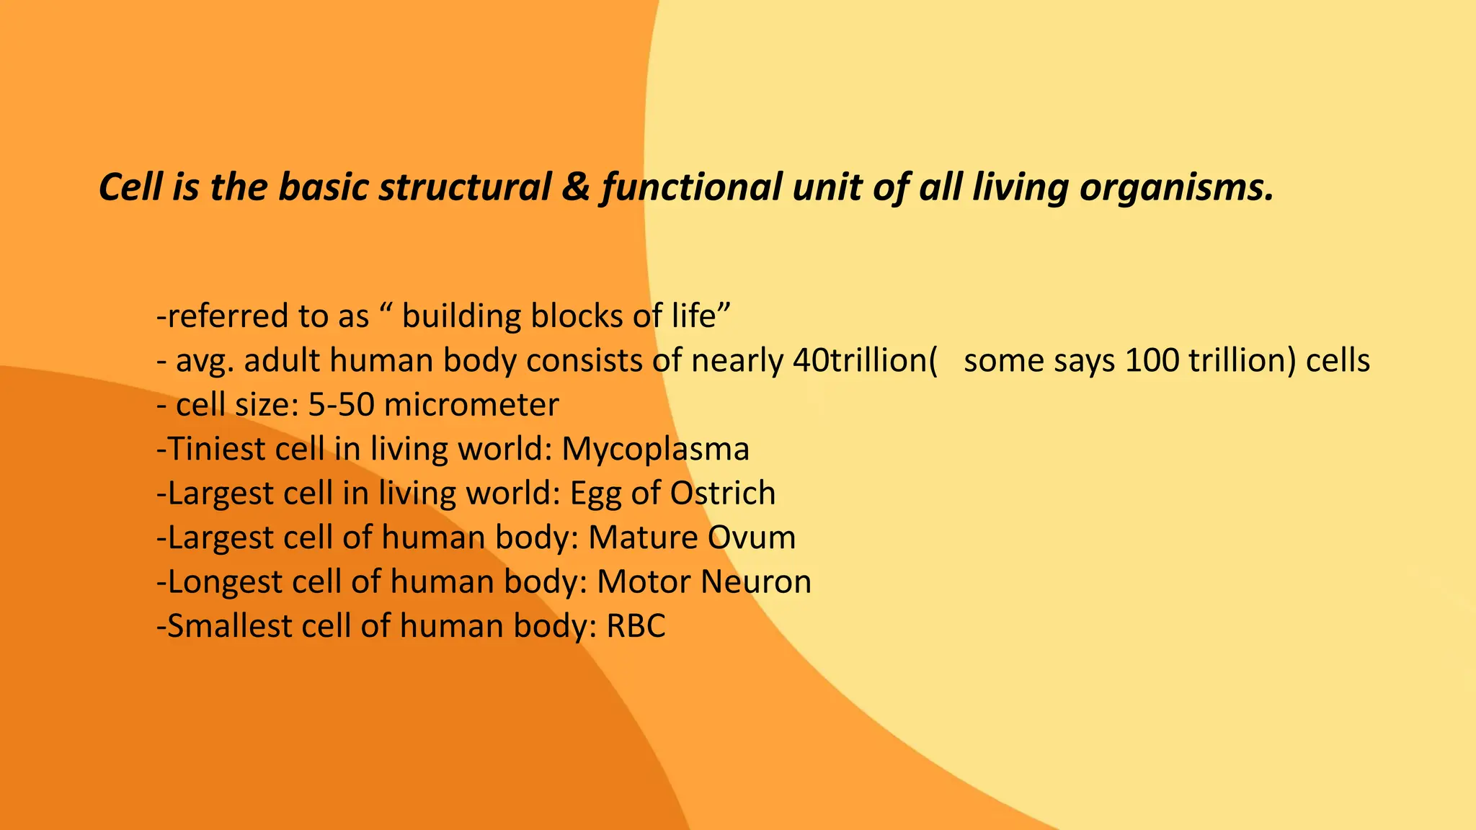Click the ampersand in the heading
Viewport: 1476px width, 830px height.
click(577, 187)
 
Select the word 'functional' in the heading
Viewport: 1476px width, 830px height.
click(691, 187)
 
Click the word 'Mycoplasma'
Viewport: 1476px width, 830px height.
click(655, 450)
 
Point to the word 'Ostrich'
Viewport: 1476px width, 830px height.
click(723, 494)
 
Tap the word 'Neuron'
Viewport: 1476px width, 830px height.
click(757, 582)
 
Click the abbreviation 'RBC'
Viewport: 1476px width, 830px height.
click(636, 626)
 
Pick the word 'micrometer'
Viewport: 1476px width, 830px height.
click(471, 405)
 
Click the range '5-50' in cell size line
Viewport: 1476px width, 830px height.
click(341, 405)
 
